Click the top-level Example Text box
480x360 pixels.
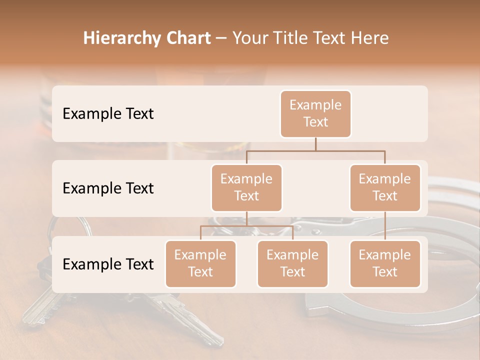(315, 114)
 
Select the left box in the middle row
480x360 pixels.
(246, 188)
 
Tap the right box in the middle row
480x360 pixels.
(385, 188)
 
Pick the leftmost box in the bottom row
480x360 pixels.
(200, 264)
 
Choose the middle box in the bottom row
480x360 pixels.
(292, 264)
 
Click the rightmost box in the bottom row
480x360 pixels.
(385, 264)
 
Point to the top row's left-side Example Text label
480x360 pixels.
(108, 114)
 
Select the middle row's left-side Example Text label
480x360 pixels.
(108, 188)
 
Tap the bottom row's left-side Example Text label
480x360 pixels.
(108, 264)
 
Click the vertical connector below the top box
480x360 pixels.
(315, 144)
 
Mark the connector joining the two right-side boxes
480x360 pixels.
(385, 226)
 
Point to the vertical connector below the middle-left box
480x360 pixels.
(246, 218)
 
